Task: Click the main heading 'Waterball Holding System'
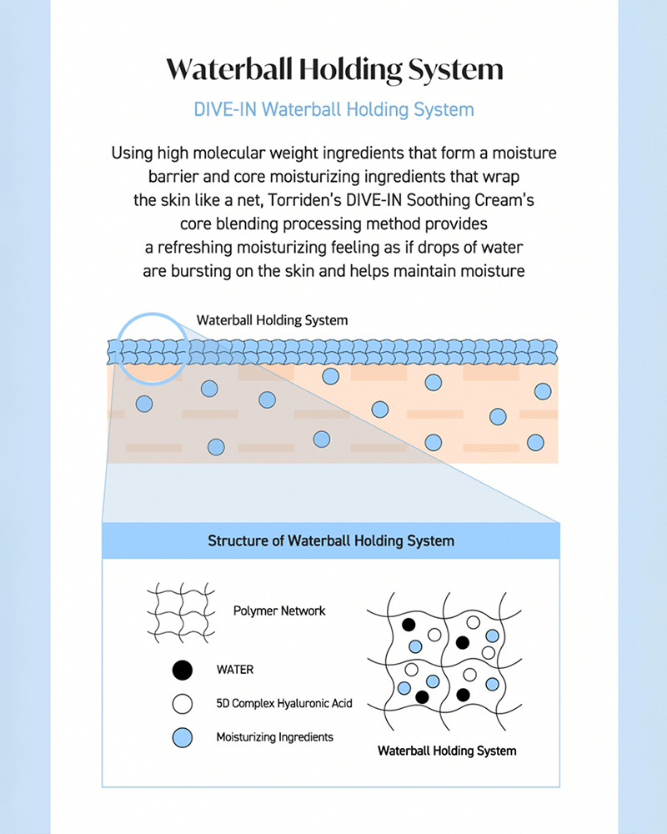[x=333, y=68]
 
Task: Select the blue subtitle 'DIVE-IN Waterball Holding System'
[x=333, y=109]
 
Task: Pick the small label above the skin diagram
[x=272, y=320]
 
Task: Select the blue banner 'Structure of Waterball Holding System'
[x=331, y=540]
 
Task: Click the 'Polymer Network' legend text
[x=279, y=611]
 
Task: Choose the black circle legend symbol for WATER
[x=183, y=669]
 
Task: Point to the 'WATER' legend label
[x=234, y=670]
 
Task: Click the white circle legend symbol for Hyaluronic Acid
[x=183, y=703]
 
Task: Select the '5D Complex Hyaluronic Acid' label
[x=284, y=704]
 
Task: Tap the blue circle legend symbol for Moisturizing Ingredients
[x=183, y=737]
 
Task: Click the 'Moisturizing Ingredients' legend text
[x=275, y=737]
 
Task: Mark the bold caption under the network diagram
[x=447, y=751]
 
